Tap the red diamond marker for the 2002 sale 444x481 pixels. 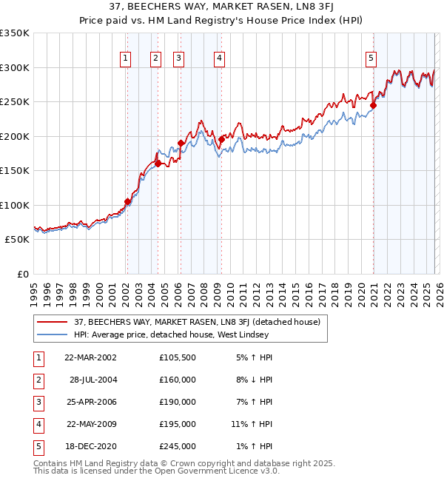click(x=127, y=201)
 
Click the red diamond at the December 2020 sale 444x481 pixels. click(x=373, y=106)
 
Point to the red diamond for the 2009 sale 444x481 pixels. click(x=221, y=139)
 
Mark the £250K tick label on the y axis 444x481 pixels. click(x=15, y=102)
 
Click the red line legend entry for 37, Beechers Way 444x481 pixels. click(x=197, y=322)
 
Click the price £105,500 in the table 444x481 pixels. click(x=178, y=357)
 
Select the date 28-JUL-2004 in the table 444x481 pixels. click(x=92, y=380)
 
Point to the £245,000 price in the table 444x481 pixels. click(x=178, y=446)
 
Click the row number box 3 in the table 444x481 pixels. click(x=36, y=402)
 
